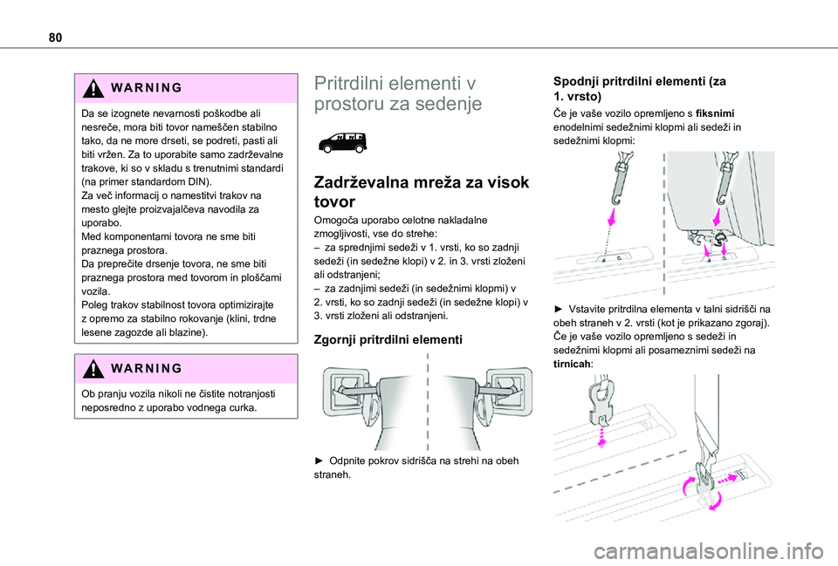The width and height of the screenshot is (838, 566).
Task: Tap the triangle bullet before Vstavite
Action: [x=559, y=310]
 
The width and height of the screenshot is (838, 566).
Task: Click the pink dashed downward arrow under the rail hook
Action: [x=601, y=433]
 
